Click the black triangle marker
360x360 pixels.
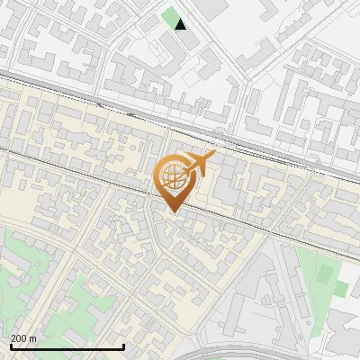pyautogui.click(x=181, y=24)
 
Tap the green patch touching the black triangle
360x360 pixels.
pyautogui.click(x=170, y=17)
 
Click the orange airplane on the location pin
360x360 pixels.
pyautogui.click(x=201, y=163)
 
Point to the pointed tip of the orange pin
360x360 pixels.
pyautogui.click(x=171, y=212)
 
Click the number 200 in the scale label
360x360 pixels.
pyautogui.click(x=19, y=338)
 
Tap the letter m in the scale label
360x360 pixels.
pyautogui.click(x=33, y=338)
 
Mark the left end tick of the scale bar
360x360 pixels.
pyautogui.click(x=11, y=346)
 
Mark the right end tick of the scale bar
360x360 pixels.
pyautogui.click(x=123, y=346)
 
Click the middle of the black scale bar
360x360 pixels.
pyautogui.click(x=67, y=347)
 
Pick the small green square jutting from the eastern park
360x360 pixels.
pyautogui.click(x=341, y=289)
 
